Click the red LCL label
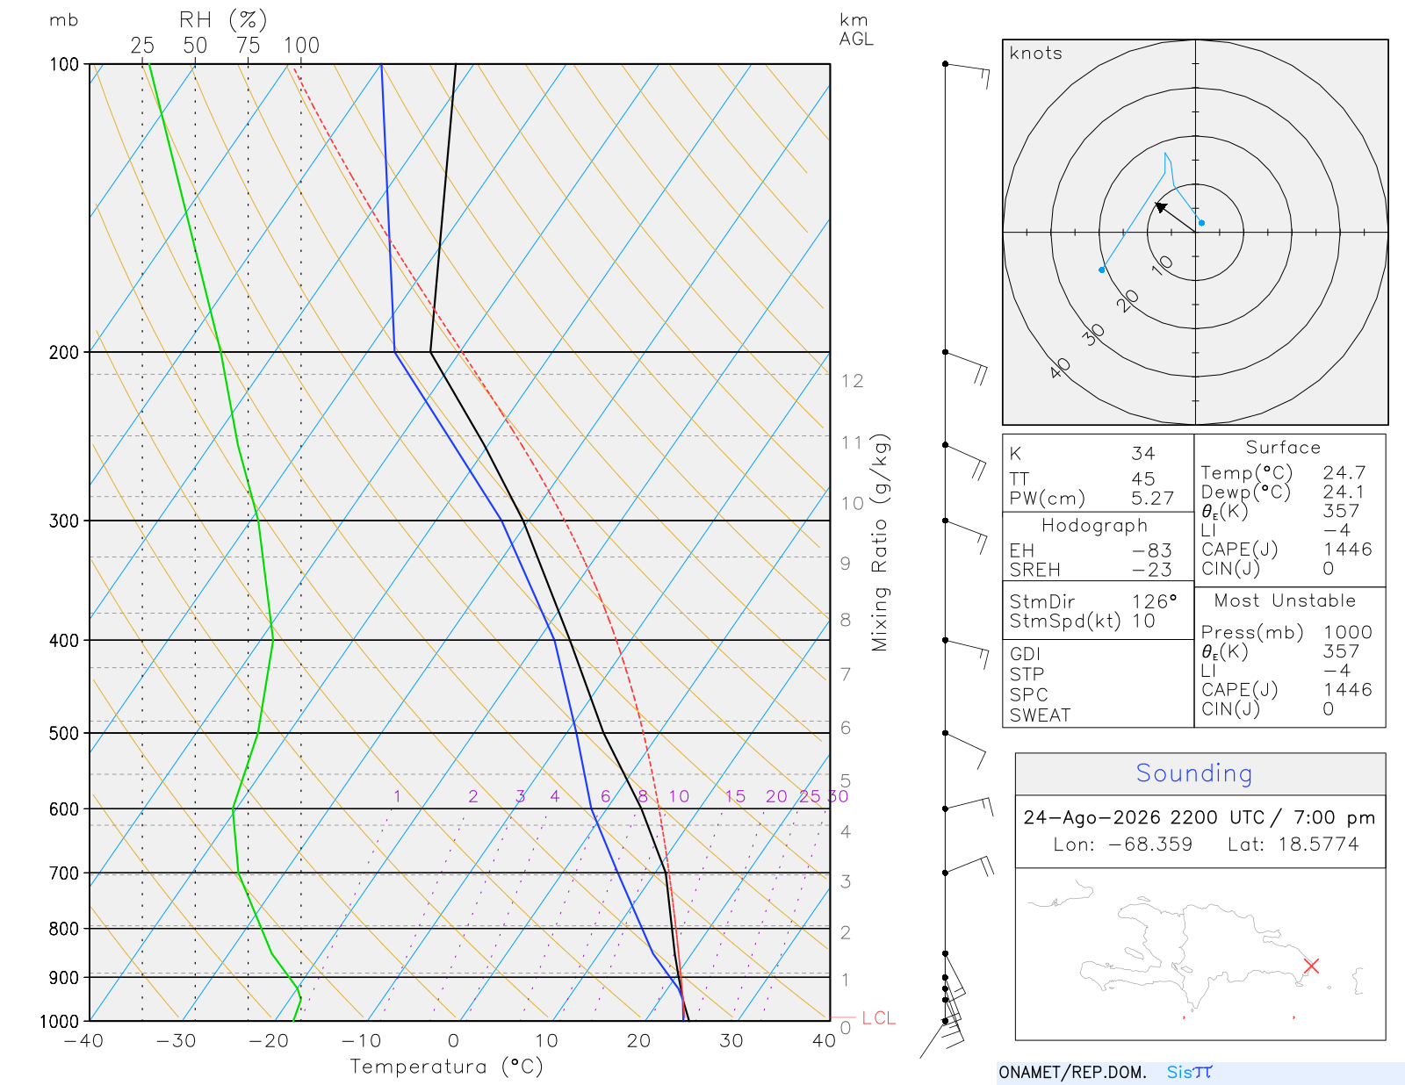click(x=878, y=1017)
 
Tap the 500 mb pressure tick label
click(x=63, y=734)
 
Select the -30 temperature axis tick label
click(x=176, y=1041)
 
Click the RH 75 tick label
click(x=248, y=46)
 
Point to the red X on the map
click(x=1311, y=966)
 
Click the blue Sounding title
click(x=1194, y=772)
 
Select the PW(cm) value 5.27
click(x=1152, y=499)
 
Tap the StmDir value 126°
click(x=1154, y=601)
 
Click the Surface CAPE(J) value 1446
click(x=1347, y=550)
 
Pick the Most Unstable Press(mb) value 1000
click(x=1347, y=632)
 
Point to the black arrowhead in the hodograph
click(x=1161, y=207)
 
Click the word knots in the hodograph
click(x=1036, y=53)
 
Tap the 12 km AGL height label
click(x=852, y=381)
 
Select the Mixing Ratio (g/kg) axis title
click(x=880, y=542)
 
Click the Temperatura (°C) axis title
click(x=446, y=1067)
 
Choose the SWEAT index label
click(x=1040, y=715)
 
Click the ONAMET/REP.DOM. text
click(x=1073, y=1072)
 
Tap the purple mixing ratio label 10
click(x=679, y=796)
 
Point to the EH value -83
click(x=1151, y=550)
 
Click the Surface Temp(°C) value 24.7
click(x=1344, y=473)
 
